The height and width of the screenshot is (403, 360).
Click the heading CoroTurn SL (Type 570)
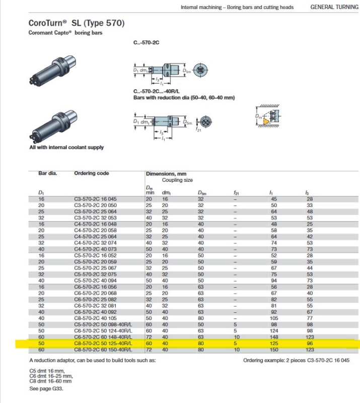pyautogui.click(x=77, y=23)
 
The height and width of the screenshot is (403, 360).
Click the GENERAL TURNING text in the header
pyautogui.click(x=334, y=7)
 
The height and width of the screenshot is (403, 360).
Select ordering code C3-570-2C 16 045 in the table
pyautogui.click(x=95, y=199)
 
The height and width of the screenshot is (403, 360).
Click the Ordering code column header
pyautogui.click(x=92, y=173)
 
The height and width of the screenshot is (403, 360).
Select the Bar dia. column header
pyautogui.click(x=48, y=173)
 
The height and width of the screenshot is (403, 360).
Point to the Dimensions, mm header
pyautogui.click(x=166, y=173)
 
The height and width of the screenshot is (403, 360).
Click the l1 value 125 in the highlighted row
pyautogui.click(x=274, y=343)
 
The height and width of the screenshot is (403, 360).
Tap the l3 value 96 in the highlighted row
pyautogui.click(x=310, y=343)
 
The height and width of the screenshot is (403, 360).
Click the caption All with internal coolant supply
pyautogui.click(x=66, y=147)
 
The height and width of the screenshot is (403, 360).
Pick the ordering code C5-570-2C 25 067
pyautogui.click(x=95, y=268)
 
